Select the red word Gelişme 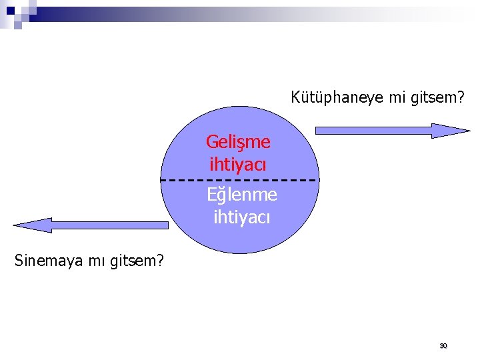coord(238,141)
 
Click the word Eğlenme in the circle coord(241,195)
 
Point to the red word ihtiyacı coord(237,163)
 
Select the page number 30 coord(443,346)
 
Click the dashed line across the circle coord(200,181)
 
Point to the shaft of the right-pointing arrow coord(373,131)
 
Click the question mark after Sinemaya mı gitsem coord(160,261)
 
